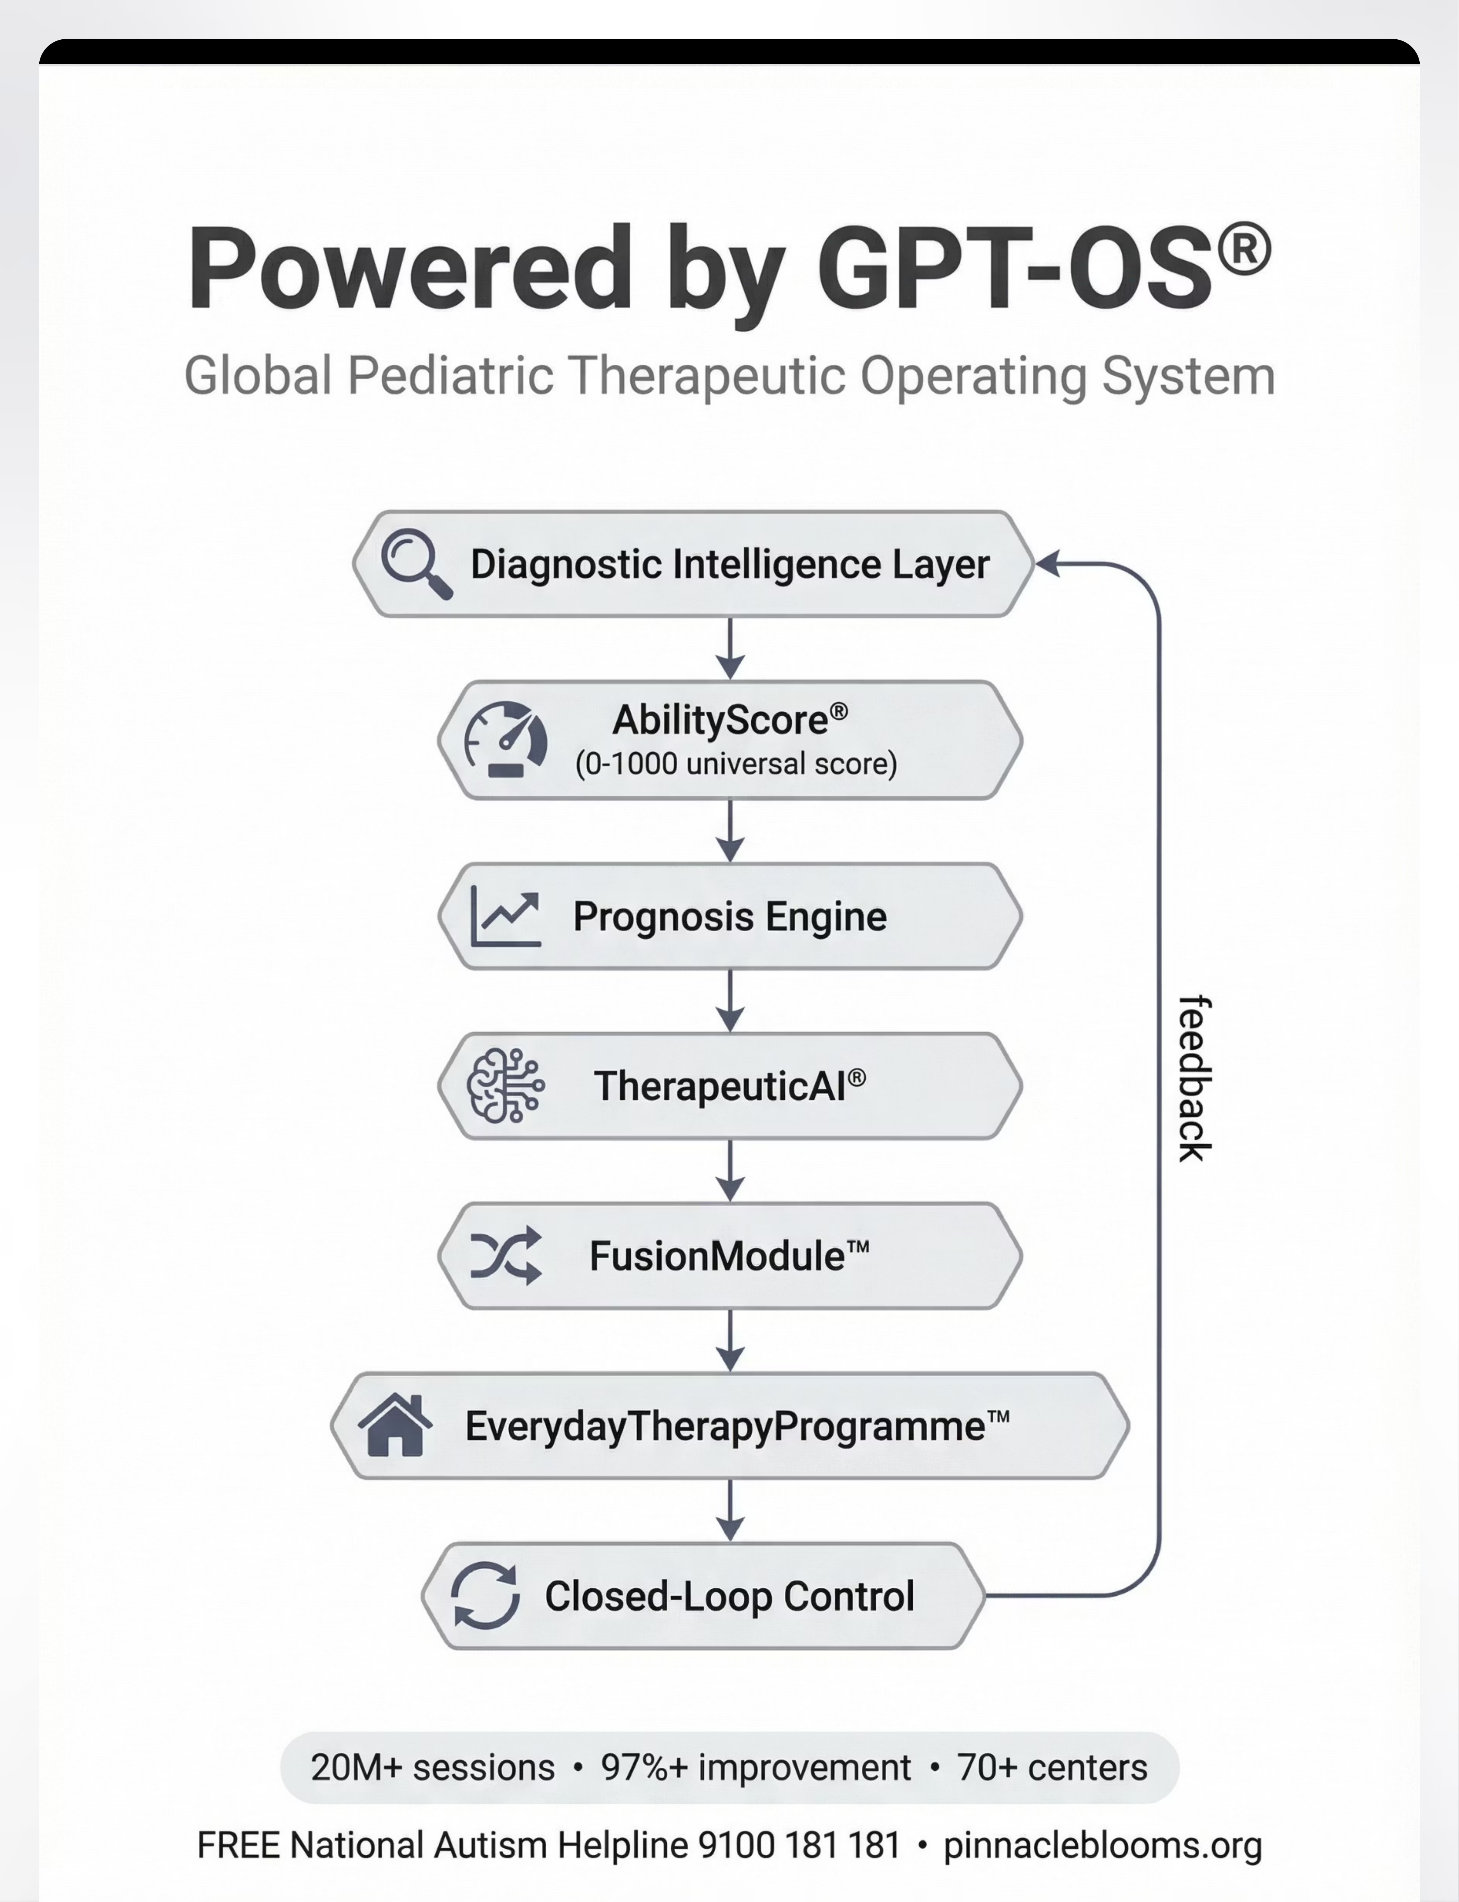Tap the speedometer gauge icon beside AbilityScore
(505, 739)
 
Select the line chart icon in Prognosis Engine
(505, 916)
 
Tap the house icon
(395, 1425)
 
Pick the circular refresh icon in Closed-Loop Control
(485, 1595)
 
